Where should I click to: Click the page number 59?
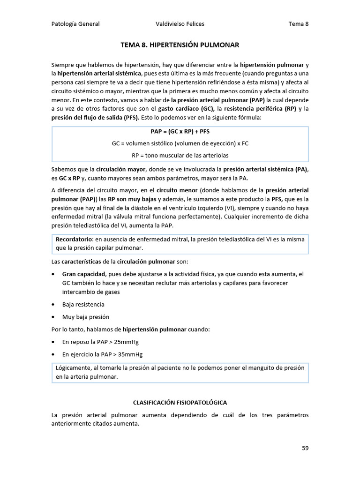pos(305,448)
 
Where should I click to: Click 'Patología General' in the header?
pos(75,24)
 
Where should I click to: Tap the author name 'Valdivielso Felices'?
pos(180,24)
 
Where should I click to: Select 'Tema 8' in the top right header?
pos(299,24)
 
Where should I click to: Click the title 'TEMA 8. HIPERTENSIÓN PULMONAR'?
pos(180,45)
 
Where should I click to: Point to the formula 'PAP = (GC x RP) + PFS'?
pos(180,131)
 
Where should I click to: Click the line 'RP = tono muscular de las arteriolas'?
pos(180,155)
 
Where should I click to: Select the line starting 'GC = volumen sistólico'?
pos(180,143)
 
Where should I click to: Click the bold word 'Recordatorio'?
pos(74,239)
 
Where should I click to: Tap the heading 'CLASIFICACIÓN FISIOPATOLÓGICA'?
pos(180,403)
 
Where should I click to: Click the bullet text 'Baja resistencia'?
pos(83,304)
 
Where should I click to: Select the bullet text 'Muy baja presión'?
pos(86,317)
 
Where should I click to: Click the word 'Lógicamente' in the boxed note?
pos(74,368)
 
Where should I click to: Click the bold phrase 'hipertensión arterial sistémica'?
pos(99,74)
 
